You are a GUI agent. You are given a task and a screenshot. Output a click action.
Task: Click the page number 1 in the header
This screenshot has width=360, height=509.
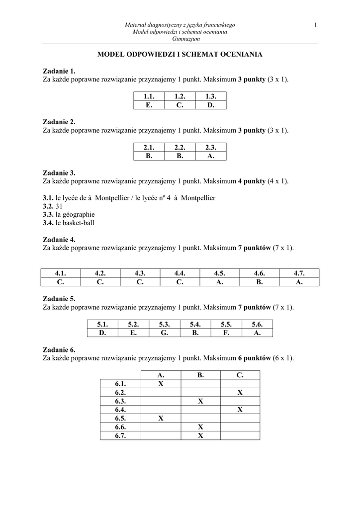[x=316, y=25]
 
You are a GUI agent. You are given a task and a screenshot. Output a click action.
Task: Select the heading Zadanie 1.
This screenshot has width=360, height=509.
[x=59, y=71]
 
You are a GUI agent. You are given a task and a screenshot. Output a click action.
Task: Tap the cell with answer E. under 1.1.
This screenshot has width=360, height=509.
[x=149, y=105]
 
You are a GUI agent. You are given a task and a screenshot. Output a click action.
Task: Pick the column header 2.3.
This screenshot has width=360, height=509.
[x=210, y=148]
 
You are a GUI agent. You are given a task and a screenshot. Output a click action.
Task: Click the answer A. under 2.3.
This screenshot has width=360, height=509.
[x=210, y=156]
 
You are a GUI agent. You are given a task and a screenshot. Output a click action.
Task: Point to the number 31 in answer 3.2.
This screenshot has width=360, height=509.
[x=60, y=206]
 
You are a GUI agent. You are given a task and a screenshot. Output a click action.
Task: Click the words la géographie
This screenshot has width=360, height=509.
[x=75, y=215]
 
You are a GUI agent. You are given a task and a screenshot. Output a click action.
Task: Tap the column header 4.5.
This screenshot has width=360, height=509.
[x=220, y=273]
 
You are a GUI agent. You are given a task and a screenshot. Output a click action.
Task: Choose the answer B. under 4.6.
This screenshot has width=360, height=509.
[x=260, y=282]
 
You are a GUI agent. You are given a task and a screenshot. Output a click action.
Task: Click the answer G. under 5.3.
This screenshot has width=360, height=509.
[x=165, y=333]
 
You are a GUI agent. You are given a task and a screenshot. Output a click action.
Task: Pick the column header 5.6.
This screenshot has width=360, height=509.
[x=257, y=325]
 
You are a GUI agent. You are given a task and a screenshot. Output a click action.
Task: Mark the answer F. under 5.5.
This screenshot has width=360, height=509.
[x=226, y=333]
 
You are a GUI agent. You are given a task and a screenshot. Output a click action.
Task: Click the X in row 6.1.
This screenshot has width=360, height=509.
[x=161, y=384]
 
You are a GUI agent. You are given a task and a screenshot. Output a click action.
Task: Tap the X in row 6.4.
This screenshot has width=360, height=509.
[x=240, y=410]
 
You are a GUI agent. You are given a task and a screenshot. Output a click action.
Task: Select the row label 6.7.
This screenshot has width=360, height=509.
[x=120, y=435]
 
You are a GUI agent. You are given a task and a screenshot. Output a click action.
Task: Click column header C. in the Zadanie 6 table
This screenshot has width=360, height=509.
[x=240, y=375]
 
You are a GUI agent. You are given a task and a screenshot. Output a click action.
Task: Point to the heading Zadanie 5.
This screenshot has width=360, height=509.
[x=59, y=299]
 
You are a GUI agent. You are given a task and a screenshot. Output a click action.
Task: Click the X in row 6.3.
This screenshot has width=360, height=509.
[x=200, y=401]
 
